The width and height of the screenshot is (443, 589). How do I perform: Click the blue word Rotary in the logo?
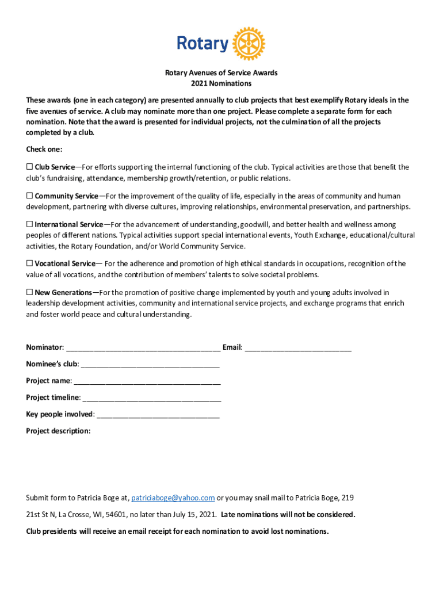(x=203, y=44)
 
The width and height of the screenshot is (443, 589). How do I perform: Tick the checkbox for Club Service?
(x=29, y=167)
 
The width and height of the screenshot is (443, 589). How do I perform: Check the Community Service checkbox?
(x=29, y=196)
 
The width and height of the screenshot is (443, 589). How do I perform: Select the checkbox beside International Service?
(x=29, y=224)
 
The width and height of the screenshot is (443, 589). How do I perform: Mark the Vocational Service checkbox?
(x=29, y=263)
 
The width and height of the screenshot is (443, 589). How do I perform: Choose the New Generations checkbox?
(x=29, y=292)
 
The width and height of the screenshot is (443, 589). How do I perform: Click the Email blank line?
(x=298, y=348)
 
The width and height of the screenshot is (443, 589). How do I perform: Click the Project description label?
(x=58, y=431)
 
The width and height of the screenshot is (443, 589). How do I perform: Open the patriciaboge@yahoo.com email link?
(x=173, y=498)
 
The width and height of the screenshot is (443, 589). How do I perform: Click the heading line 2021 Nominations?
(x=221, y=83)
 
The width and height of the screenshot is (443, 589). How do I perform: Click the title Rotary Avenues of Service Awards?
(x=221, y=73)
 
